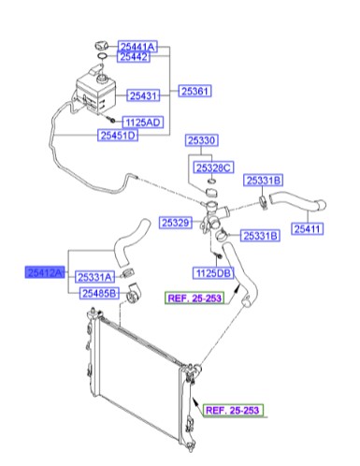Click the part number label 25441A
pos(139,46)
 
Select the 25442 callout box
pos(136,57)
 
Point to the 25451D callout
pos(119,136)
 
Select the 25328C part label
pos(213,167)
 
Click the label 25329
pos(176,223)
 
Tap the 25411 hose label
pos(310,227)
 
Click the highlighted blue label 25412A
pos(45,271)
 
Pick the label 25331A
pos(95,277)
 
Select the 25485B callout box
pos(98,294)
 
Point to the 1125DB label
pos(212,274)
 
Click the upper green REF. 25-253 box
pos(197,299)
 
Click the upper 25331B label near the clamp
pos(264,180)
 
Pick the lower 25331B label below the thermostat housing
pos(260,235)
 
